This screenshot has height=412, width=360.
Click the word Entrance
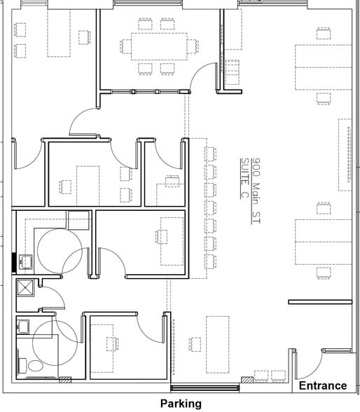323,385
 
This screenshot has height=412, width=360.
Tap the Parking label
181,404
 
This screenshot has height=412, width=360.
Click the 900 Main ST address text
256,190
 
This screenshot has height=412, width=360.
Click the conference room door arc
203,74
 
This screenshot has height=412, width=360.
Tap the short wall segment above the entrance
320,302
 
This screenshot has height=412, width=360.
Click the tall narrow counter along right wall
345,155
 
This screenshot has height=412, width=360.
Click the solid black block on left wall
14,261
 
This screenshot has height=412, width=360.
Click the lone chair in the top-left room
84,36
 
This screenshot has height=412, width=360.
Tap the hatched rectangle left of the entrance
247,380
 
